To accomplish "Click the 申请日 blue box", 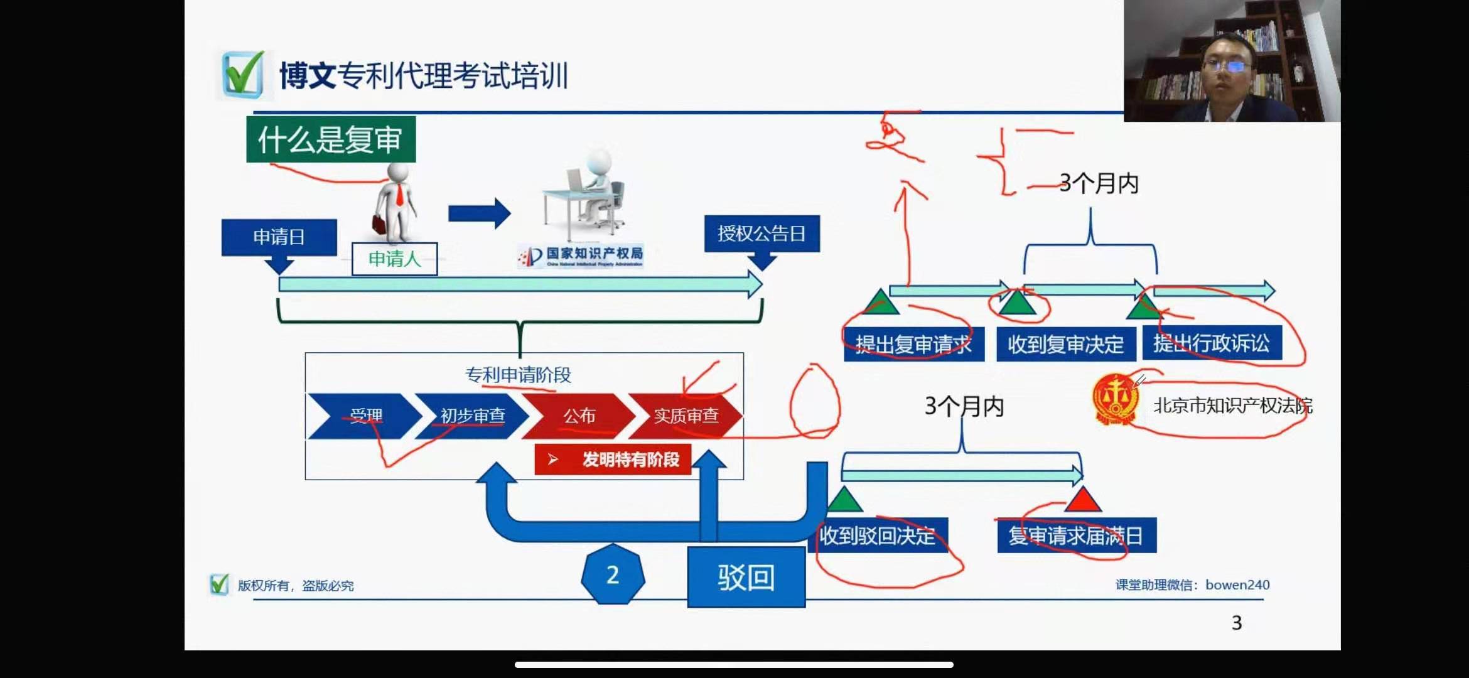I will point(279,237).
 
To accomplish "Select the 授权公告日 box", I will point(761,234).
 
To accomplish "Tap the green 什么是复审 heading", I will point(330,139).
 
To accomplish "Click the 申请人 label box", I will point(394,259).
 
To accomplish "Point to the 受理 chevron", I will point(364,416).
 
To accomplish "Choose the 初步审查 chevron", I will point(472,416).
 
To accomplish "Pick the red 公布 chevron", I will point(578,416).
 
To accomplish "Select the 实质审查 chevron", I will point(686,416).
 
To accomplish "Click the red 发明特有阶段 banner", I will point(613,460).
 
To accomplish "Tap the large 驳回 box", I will point(746,577).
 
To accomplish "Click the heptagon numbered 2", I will point(613,575).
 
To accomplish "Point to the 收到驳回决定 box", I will point(878,535).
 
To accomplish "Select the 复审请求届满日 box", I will point(1076,535).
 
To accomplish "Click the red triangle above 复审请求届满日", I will point(1082,500).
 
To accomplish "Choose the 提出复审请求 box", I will point(913,344).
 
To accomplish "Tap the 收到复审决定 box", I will point(1065,344).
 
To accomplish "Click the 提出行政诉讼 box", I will point(1212,343).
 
